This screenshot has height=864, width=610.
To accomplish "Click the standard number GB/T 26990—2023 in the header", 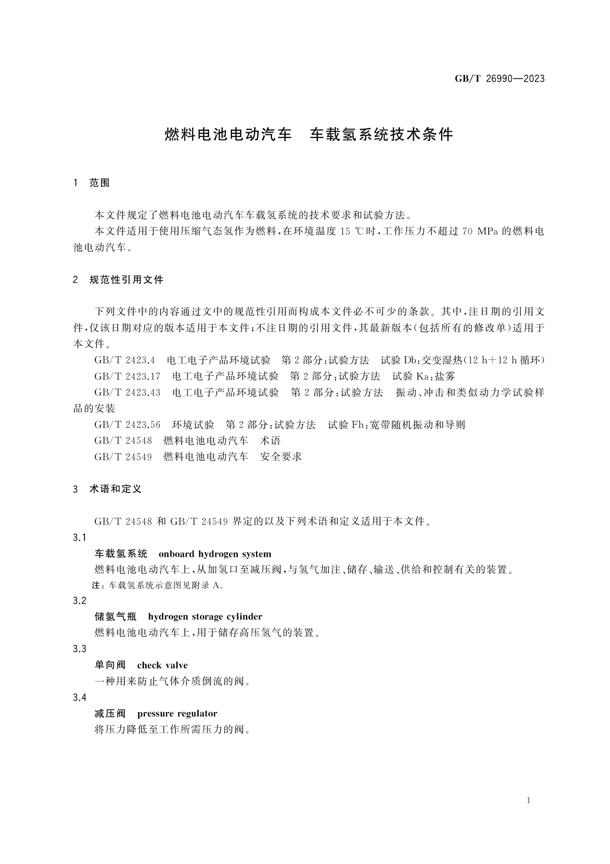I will tap(499, 78).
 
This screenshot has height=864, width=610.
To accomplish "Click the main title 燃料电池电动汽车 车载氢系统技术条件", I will tap(309, 134).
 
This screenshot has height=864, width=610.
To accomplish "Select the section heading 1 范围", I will tap(93, 183).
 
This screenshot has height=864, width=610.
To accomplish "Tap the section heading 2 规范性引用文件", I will tap(119, 279).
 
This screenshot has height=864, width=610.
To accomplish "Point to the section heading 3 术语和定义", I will tap(108, 489).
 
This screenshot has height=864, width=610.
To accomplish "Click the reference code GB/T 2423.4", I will tap(124, 360).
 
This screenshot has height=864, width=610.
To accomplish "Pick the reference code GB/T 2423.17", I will tap(127, 376).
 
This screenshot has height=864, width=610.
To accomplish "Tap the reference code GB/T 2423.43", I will tap(127, 392).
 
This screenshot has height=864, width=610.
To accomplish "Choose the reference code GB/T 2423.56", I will tap(127, 425).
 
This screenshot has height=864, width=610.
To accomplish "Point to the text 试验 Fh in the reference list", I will tap(346, 425).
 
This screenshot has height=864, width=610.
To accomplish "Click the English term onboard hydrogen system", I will tap(215, 554).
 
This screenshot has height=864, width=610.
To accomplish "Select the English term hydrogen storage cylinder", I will tap(205, 616).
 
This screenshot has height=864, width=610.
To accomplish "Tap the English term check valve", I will tap(162, 665).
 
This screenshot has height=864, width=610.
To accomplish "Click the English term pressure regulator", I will tap(177, 713).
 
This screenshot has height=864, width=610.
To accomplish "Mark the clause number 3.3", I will tap(80, 649).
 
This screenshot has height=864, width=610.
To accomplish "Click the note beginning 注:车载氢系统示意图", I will tap(158, 585).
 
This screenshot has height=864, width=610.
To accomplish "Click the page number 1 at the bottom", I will tap(528, 800).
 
